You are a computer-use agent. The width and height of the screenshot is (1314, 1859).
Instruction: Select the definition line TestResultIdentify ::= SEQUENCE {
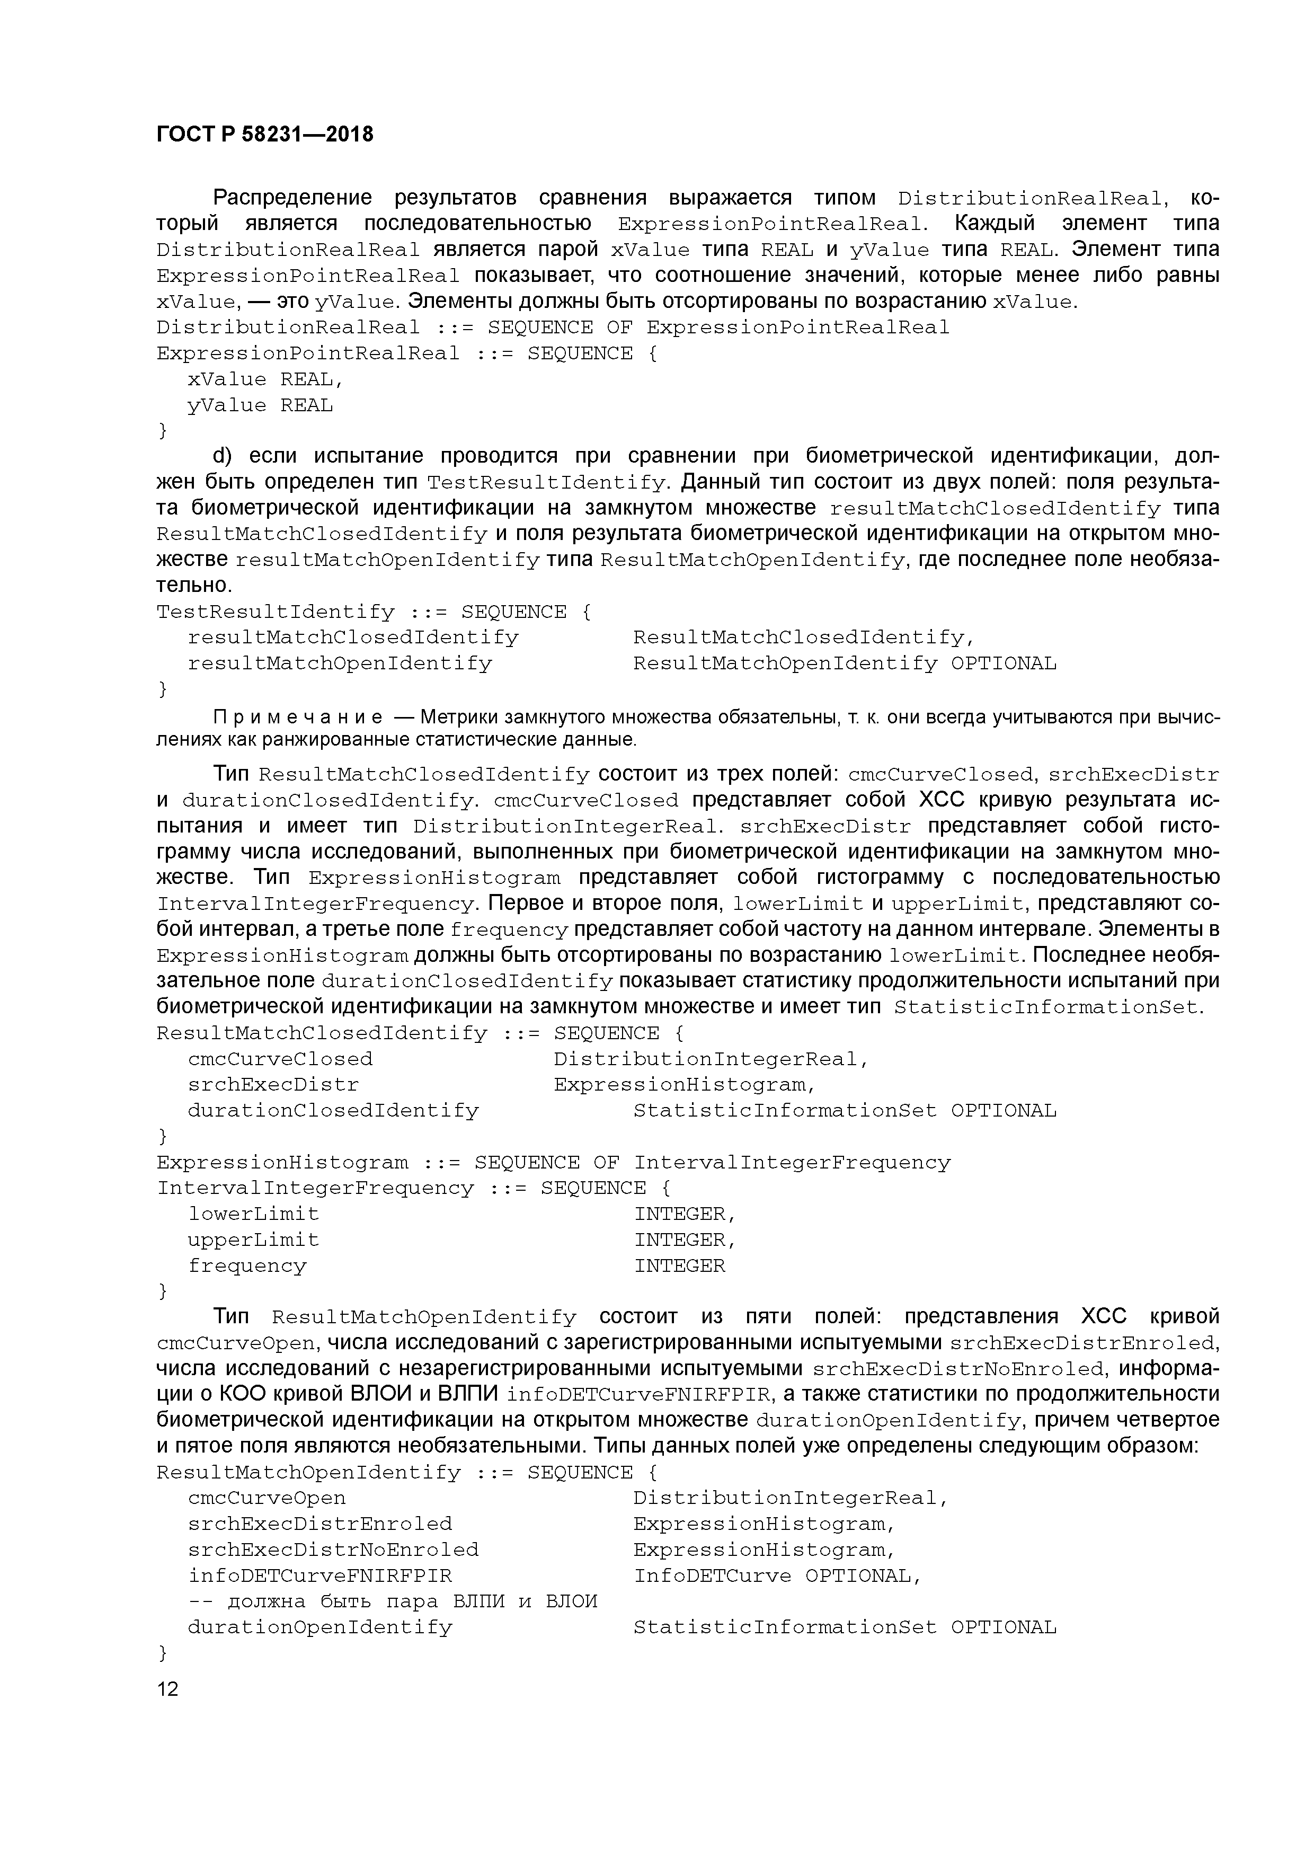coord(373,612)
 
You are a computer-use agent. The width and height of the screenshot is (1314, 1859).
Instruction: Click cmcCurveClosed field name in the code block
coord(280,1059)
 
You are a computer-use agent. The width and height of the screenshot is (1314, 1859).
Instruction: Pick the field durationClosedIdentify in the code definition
coord(333,1111)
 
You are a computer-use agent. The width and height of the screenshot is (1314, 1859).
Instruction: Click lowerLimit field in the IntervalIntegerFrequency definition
coord(253,1215)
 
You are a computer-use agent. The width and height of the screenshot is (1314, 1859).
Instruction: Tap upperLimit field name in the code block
coord(253,1241)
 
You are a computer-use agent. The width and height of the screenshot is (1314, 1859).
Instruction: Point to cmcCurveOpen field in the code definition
coord(267,1499)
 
